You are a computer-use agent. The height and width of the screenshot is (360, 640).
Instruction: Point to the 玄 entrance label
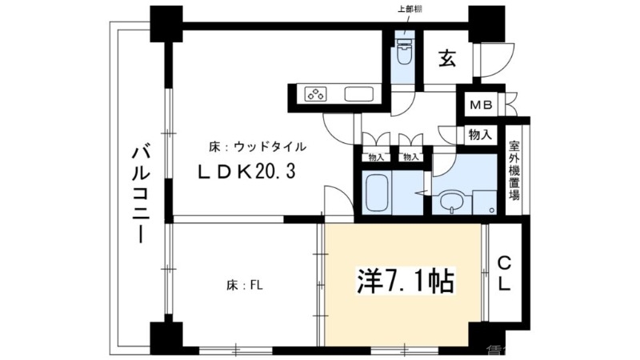click(x=447, y=58)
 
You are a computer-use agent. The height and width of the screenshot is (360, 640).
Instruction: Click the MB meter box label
click(x=481, y=106)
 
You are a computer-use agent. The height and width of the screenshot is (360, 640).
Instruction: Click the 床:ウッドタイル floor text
click(x=257, y=147)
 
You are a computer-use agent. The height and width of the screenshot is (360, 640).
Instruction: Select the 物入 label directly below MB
click(x=481, y=134)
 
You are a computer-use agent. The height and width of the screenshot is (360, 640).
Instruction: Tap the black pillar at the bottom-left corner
click(x=162, y=334)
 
